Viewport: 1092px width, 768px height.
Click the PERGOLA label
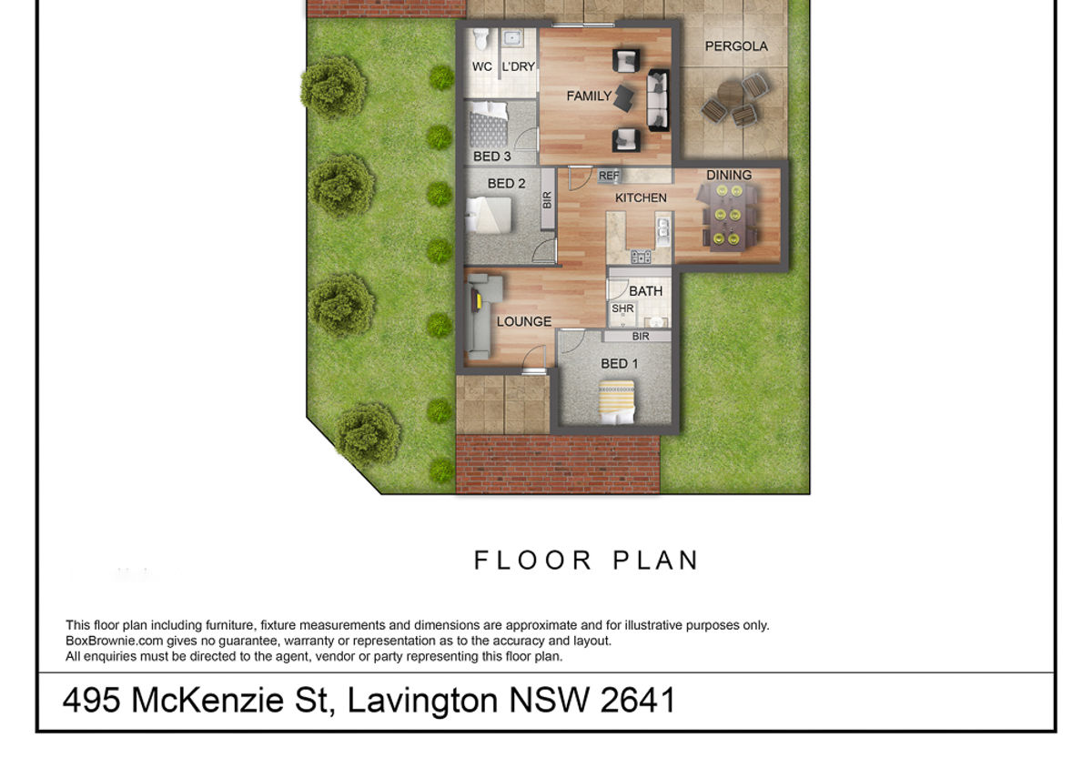coord(736,46)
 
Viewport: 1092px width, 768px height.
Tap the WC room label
coord(481,66)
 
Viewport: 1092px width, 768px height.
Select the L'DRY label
coord(518,66)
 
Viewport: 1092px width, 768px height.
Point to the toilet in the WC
coord(481,39)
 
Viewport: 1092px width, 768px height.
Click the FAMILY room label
coord(589,96)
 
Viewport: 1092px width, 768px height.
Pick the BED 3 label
coord(492,157)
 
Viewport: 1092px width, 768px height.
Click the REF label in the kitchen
coord(609,175)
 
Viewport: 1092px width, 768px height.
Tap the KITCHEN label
coord(641,197)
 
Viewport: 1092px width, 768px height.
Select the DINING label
coord(729,175)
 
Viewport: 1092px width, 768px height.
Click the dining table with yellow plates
coord(727,217)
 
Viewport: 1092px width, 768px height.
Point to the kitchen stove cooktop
coord(641,256)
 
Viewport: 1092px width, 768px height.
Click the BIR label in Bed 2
coord(547,200)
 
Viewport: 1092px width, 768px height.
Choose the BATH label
coord(645,291)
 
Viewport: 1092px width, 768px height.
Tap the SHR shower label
coord(622,308)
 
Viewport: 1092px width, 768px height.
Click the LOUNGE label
coord(524,321)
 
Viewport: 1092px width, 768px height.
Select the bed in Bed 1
coord(617,402)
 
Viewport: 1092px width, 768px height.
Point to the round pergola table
coord(730,94)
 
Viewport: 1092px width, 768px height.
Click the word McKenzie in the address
coord(207,701)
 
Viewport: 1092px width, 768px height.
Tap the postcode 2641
coord(638,701)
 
